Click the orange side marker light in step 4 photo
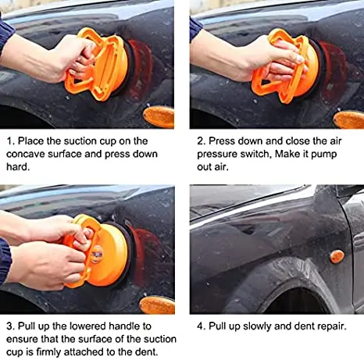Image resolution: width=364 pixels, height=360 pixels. [x=337, y=256]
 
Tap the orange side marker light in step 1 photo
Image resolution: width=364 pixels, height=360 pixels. [x=159, y=117]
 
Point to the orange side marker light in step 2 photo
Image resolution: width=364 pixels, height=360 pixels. [x=348, y=119]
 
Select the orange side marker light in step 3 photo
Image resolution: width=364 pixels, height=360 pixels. [x=157, y=305]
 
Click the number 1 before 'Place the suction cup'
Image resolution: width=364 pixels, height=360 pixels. [x=9, y=141]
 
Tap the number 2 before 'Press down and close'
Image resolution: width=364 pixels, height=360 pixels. [x=200, y=141]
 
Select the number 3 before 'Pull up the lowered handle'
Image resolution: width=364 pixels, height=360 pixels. [x=9, y=326]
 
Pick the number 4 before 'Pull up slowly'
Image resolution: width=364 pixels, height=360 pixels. [x=200, y=326]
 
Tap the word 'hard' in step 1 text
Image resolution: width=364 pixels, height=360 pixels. [x=17, y=166]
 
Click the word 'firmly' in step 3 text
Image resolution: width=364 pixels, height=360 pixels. [x=48, y=352]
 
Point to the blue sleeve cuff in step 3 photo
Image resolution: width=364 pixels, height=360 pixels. [x=5, y=260]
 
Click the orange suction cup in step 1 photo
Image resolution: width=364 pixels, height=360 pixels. [x=100, y=64]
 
